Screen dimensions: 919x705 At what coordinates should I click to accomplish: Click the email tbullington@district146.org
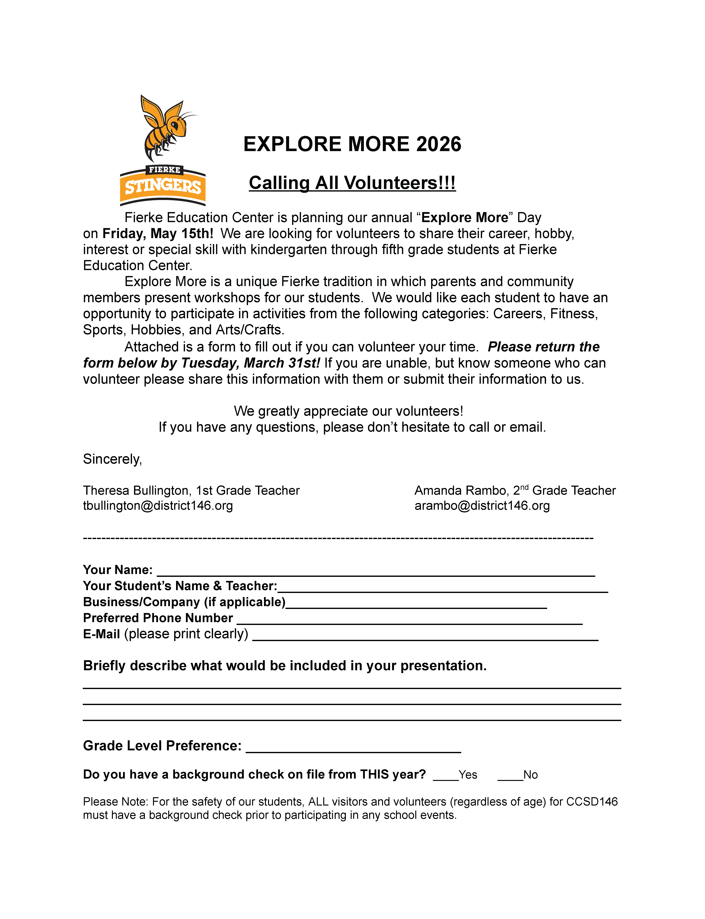pyautogui.click(x=158, y=506)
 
